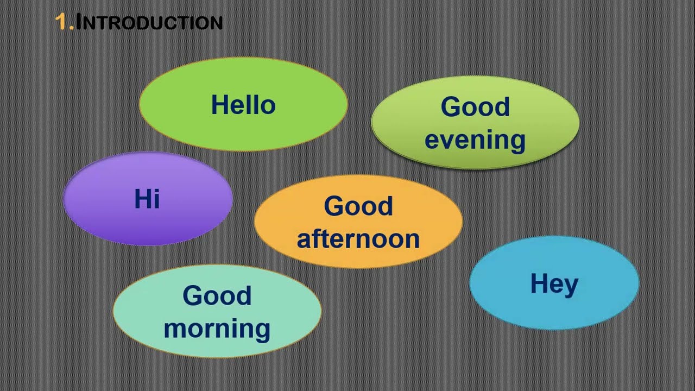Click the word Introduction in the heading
click(149, 22)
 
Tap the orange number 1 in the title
click(61, 22)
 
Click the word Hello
click(243, 105)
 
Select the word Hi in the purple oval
click(147, 199)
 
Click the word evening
click(475, 140)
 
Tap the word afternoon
click(358, 238)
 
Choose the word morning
click(217, 329)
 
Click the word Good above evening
click(475, 107)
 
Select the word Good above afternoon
click(358, 206)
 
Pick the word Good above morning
click(217, 295)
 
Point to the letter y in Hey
click(571, 288)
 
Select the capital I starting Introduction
click(79, 22)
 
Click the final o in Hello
click(268, 108)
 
